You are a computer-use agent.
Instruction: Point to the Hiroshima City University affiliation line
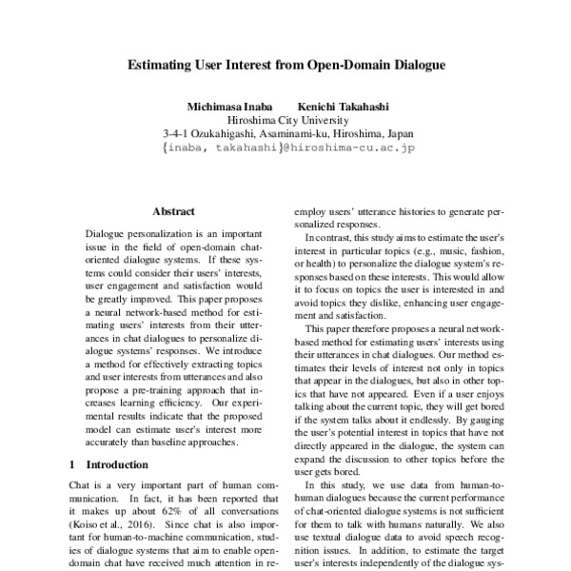(286, 121)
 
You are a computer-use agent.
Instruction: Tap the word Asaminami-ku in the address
(304, 135)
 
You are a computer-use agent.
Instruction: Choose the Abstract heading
(173, 212)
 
